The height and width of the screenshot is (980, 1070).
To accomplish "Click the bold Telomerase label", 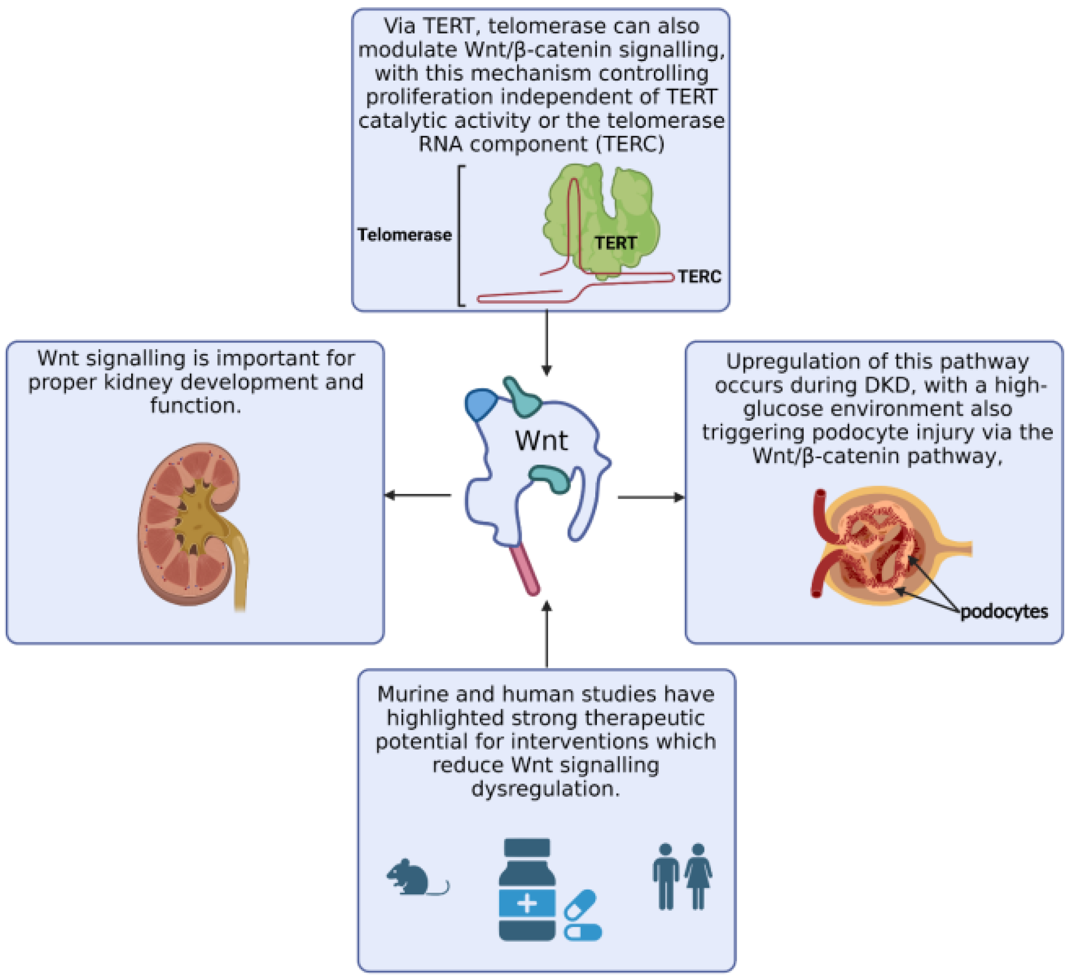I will click(405, 234).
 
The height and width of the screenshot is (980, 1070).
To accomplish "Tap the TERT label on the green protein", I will click(615, 243).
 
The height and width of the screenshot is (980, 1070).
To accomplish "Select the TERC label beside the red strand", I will click(699, 276).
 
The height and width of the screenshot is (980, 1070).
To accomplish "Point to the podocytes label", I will click(1004, 611).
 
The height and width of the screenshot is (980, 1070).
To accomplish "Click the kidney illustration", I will click(191, 525).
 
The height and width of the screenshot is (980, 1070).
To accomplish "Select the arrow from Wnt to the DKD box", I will click(651, 497).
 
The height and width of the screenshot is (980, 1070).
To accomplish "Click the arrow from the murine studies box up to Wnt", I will click(546, 634).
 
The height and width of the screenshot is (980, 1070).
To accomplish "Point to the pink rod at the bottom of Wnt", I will click(525, 569).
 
